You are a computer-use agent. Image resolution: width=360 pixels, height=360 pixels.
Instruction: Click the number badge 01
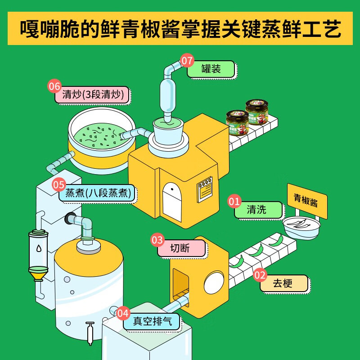pos(234,201)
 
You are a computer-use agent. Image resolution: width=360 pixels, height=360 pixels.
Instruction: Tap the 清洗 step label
pos(258,210)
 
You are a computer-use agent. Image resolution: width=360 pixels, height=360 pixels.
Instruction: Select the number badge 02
pos(260,274)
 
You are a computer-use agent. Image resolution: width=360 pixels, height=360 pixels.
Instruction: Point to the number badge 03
pos(157,240)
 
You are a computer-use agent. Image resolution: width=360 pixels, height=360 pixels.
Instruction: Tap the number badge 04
pos(123,313)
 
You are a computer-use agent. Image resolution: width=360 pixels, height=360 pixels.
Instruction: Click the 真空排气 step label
pos(151,322)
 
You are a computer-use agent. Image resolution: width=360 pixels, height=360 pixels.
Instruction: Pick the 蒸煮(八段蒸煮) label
pos(97,193)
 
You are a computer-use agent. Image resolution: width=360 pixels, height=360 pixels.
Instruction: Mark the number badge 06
pos(54,85)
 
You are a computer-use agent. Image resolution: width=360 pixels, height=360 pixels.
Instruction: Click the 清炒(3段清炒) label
pos(92,95)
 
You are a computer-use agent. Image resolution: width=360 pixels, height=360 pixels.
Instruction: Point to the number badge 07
pos(187,60)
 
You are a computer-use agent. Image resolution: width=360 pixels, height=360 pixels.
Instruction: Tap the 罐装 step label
pos(211,69)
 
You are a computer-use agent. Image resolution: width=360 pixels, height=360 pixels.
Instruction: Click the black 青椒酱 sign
pos(307,201)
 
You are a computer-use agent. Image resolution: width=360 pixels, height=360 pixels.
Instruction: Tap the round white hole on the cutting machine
pos(213,283)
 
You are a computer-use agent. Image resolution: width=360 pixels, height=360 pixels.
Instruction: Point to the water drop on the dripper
pos(38,248)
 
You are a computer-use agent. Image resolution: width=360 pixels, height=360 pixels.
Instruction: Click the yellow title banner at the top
pos(180,29)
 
